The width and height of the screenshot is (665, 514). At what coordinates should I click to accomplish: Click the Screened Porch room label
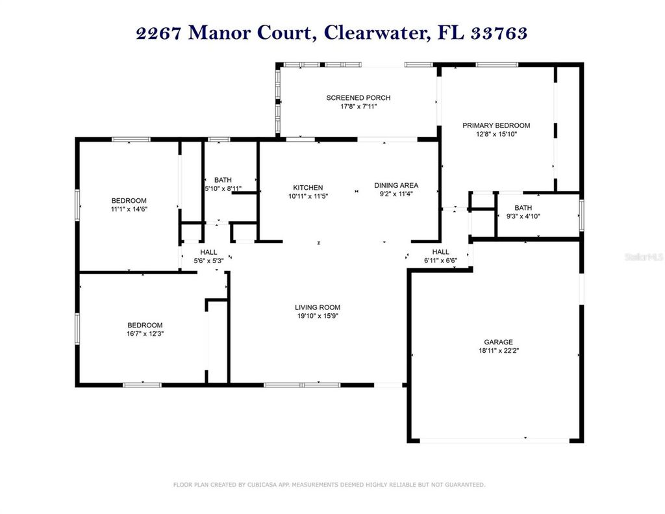click(358, 97)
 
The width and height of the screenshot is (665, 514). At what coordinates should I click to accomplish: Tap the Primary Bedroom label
click(496, 125)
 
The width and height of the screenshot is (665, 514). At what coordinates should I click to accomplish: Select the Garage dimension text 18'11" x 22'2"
click(498, 350)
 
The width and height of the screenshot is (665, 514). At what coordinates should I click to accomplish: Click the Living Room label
click(317, 307)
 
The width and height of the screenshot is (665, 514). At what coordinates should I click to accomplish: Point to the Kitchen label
click(307, 187)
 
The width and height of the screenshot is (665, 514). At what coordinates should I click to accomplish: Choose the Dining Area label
click(396, 185)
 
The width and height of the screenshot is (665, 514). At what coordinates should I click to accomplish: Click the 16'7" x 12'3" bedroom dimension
click(145, 333)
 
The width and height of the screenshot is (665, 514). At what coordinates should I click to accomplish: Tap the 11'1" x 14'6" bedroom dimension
click(129, 209)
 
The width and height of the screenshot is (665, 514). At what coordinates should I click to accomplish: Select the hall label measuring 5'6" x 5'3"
click(208, 252)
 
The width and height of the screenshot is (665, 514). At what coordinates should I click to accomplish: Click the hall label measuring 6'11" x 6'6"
click(440, 252)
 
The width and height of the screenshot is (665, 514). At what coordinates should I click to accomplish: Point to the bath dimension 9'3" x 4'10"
click(523, 216)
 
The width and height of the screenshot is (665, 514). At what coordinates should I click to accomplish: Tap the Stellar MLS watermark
click(644, 257)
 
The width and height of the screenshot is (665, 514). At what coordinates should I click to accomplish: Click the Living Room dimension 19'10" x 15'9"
click(317, 316)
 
